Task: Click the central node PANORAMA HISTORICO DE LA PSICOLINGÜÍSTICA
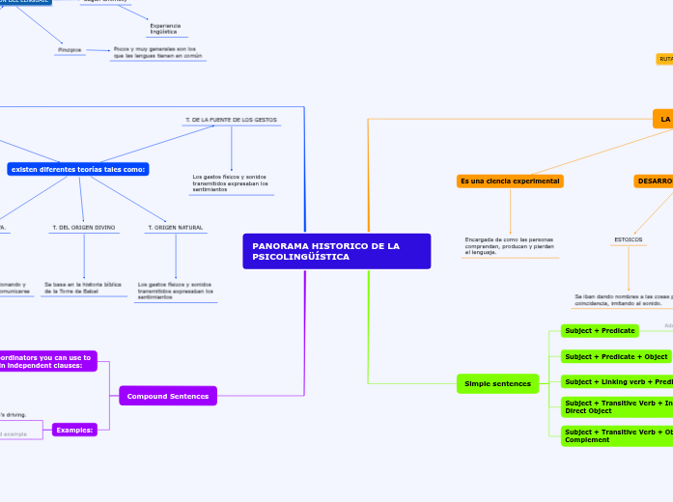(336, 251)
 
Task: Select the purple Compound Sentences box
(168, 396)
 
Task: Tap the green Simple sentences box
(497, 383)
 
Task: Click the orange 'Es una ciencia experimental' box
(510, 181)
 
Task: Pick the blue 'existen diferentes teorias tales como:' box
(78, 169)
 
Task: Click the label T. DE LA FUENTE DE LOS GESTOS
(231, 120)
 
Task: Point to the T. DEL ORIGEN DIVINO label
(83, 228)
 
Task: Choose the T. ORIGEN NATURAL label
(175, 228)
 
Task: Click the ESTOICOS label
(629, 239)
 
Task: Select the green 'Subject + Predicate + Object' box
(616, 356)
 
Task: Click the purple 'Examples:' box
(74, 430)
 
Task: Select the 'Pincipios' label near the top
(70, 49)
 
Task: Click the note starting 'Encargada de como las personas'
(509, 245)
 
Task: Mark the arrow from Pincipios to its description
(98, 49)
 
